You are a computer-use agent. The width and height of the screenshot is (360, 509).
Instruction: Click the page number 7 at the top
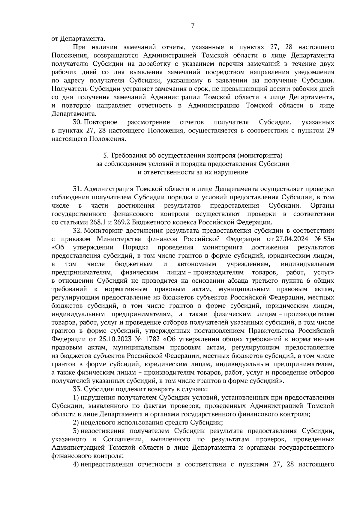(x=193, y=26)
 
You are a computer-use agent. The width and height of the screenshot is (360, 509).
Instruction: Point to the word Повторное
(x=100, y=122)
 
